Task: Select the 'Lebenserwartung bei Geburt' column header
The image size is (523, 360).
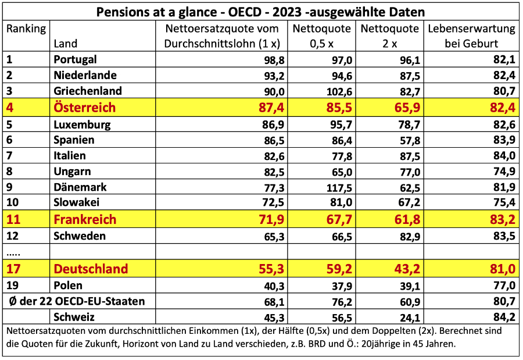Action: point(472,36)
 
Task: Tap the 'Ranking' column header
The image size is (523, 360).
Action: point(26,28)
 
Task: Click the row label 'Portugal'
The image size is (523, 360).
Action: point(75,59)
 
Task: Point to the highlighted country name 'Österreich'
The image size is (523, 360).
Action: point(84,108)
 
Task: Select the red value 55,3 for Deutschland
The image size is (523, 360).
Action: point(267,269)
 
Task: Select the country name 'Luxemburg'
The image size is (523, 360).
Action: point(82,124)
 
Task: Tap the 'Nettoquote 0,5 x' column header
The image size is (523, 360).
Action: point(321,36)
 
